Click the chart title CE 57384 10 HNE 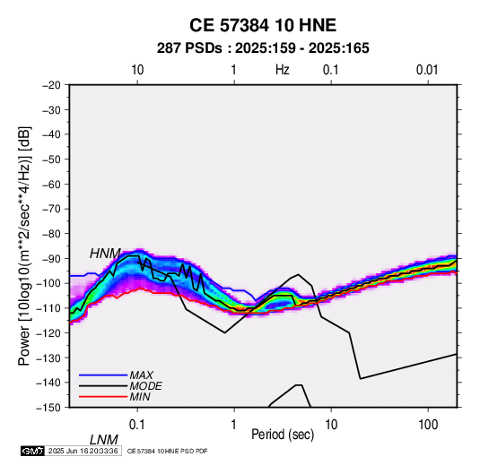tap(263, 25)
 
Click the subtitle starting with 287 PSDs tap(263, 48)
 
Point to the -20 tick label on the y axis tap(52, 85)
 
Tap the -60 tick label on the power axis tap(52, 184)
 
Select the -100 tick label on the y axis tap(49, 283)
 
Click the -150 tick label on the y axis tap(49, 408)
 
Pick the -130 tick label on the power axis tap(49, 358)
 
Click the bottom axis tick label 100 tap(428, 425)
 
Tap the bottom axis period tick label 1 tap(234, 425)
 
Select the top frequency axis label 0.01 tap(427, 70)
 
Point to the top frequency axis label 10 tap(137, 70)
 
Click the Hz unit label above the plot tap(283, 70)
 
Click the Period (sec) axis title tap(283, 435)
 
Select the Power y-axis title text tap(24, 246)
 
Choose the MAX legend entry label tap(142, 375)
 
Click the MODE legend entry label tap(145, 386)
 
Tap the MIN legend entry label tap(140, 397)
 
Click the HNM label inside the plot tap(105, 254)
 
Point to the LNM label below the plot tap(104, 440)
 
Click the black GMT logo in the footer tap(33, 451)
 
